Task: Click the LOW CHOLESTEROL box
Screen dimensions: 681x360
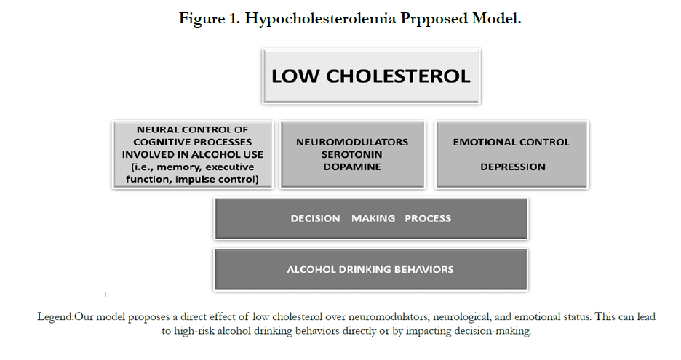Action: tap(371, 76)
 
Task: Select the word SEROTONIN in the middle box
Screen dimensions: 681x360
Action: tap(352, 155)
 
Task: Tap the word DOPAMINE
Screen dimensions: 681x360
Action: tap(352, 167)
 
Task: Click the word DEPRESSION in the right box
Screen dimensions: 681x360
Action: tap(512, 167)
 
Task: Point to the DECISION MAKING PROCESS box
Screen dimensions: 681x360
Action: tap(371, 218)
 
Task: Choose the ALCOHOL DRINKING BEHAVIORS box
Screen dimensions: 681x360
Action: tap(371, 269)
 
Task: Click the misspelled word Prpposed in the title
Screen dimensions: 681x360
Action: tap(434, 19)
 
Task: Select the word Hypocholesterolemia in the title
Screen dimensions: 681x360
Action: tap(320, 19)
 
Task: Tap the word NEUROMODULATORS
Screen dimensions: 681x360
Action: tap(352, 142)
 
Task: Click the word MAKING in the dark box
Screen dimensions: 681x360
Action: tap(373, 218)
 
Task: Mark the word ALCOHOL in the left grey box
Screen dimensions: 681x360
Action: tap(215, 155)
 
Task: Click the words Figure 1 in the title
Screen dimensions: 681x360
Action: tap(209, 19)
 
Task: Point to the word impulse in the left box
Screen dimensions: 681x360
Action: tap(194, 180)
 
